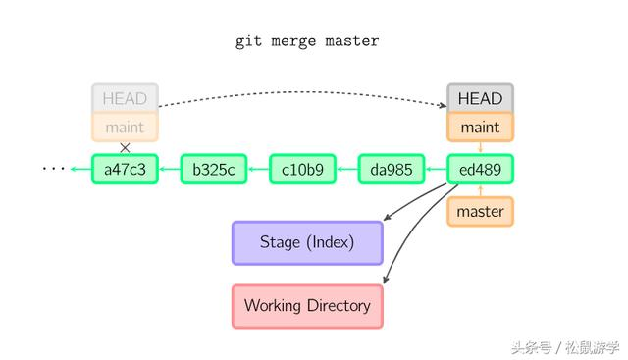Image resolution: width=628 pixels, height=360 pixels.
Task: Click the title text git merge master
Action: tap(307, 41)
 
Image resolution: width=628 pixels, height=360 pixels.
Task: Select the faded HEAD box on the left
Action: tap(125, 98)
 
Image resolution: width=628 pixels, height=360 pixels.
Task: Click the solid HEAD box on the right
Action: tap(480, 98)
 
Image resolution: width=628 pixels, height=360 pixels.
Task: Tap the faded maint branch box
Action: tap(125, 127)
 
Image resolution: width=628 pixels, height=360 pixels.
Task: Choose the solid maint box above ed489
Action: tap(480, 127)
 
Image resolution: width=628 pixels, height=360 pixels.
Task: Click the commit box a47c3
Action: tap(125, 169)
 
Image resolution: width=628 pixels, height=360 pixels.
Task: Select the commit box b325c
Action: tap(213, 169)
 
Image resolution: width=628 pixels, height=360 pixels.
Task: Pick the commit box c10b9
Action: tap(302, 169)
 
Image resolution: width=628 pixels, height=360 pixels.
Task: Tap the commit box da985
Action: tap(391, 169)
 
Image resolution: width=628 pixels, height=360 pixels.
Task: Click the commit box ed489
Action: tap(480, 169)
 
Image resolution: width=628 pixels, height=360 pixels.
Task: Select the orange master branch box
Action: tap(480, 211)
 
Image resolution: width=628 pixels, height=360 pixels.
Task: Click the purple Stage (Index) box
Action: tap(306, 242)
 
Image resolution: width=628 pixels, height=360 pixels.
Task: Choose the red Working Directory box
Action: tap(306, 305)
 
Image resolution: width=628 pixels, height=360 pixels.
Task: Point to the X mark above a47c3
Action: tap(125, 148)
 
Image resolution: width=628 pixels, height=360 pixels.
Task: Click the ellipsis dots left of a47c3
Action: tap(53, 169)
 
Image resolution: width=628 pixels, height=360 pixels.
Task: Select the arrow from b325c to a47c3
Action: tap(169, 169)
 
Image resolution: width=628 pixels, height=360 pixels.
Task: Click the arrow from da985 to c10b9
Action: tap(346, 169)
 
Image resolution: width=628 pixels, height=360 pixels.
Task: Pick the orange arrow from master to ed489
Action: tap(480, 190)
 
